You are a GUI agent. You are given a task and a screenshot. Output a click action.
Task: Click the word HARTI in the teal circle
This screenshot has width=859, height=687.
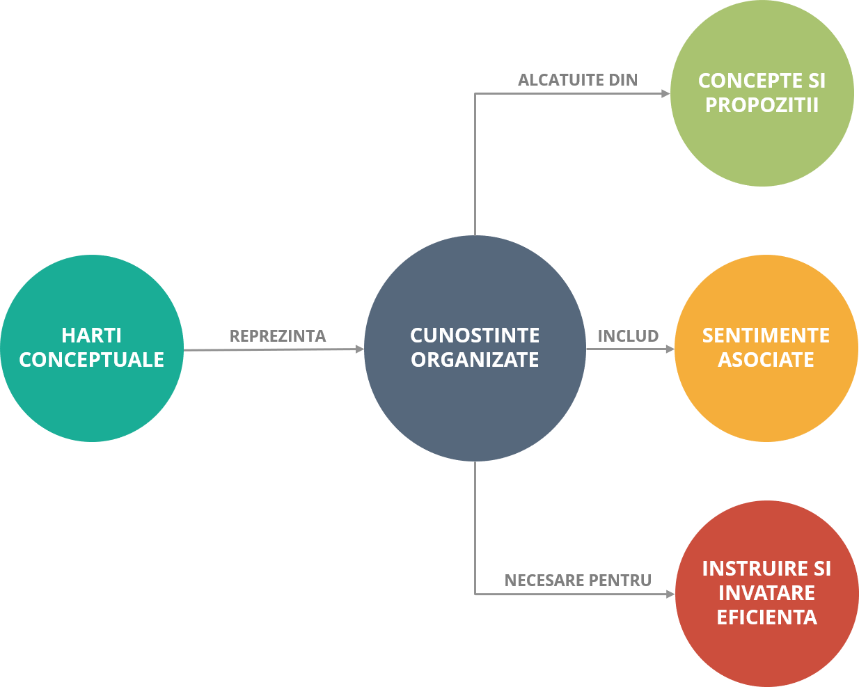click(x=91, y=335)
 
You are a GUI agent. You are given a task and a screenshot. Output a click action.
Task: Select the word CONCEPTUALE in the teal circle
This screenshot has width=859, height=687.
click(x=91, y=360)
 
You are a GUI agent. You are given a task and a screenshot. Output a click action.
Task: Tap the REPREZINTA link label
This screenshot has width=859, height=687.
click(x=278, y=336)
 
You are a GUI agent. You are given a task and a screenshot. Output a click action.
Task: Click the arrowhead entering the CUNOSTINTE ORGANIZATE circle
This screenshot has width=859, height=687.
click(x=360, y=349)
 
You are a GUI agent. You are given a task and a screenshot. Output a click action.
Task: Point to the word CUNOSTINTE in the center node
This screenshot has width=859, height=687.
click(x=475, y=335)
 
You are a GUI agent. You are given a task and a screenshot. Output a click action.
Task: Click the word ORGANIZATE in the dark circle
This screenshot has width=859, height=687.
click(x=475, y=360)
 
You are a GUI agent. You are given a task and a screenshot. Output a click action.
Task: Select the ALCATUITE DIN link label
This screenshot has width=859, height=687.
click(x=578, y=80)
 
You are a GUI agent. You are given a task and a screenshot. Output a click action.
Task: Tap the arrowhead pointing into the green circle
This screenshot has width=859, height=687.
click(x=665, y=94)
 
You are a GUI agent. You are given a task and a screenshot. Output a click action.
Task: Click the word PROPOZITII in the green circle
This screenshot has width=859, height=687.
click(x=762, y=105)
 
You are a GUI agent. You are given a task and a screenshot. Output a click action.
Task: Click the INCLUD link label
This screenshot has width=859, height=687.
click(x=628, y=336)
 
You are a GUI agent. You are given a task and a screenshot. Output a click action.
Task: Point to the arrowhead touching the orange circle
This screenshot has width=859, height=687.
click(x=670, y=349)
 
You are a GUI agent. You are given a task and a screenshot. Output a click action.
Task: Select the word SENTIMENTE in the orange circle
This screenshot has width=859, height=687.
click(x=766, y=335)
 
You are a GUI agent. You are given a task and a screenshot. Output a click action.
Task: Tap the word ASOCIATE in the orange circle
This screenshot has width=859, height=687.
click(x=766, y=360)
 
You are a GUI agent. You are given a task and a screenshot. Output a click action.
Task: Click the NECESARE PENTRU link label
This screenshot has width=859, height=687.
click(x=578, y=581)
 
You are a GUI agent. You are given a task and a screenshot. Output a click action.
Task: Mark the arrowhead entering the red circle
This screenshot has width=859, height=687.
click(x=670, y=594)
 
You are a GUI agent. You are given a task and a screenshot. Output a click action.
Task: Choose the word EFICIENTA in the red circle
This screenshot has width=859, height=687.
click(x=766, y=617)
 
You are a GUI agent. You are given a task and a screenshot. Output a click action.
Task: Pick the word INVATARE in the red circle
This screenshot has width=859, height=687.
click(x=766, y=593)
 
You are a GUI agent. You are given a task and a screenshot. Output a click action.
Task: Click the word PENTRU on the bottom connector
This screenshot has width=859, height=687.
click(x=620, y=581)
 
